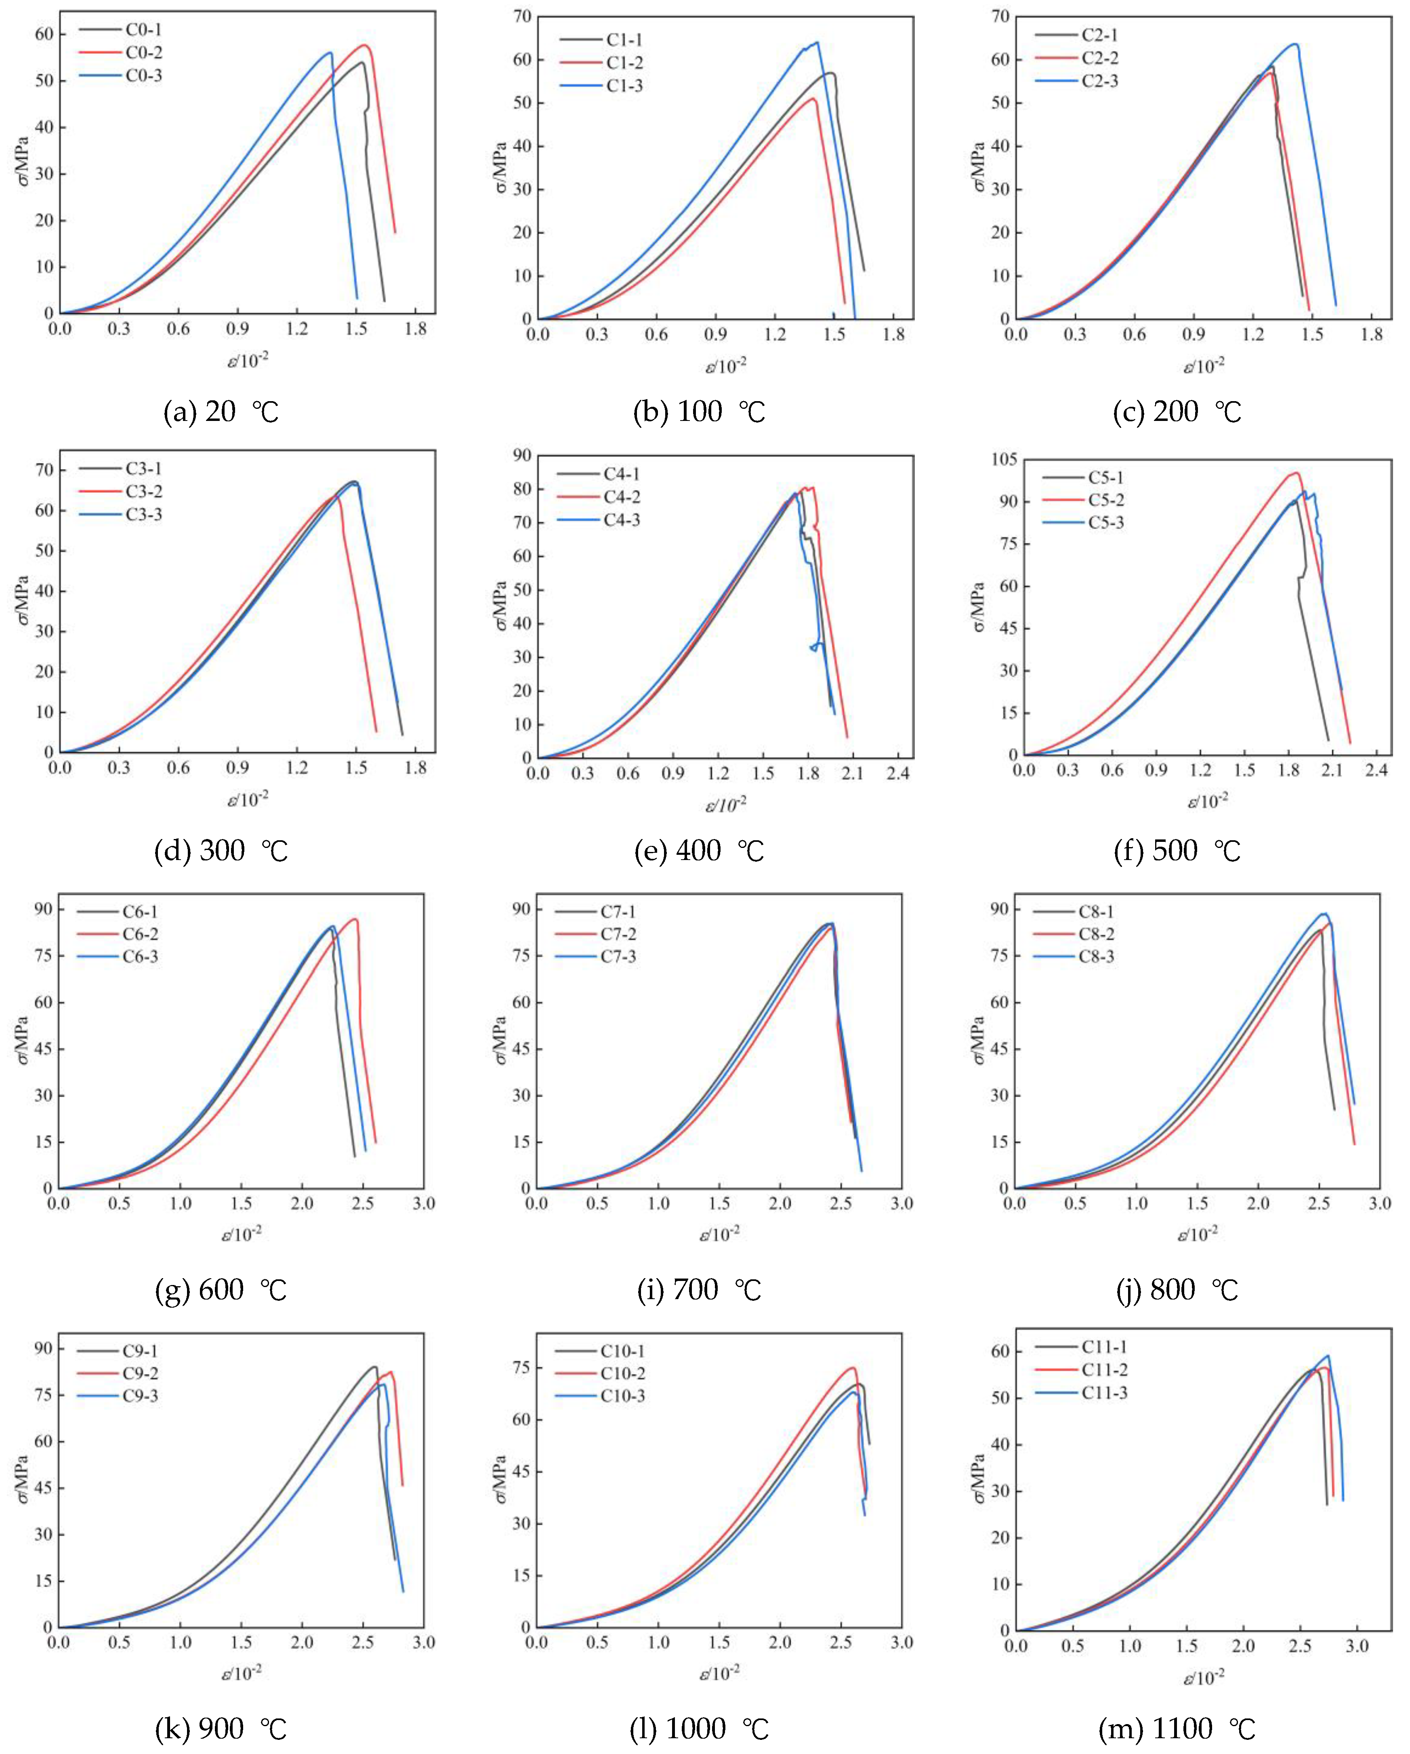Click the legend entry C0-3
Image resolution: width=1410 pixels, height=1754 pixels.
pyautogui.click(x=143, y=76)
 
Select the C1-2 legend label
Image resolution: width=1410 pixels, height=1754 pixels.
pyautogui.click(x=624, y=63)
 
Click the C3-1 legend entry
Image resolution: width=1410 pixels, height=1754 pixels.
pyautogui.click(x=143, y=469)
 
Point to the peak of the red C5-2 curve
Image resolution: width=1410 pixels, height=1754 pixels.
pyautogui.click(x=1296, y=473)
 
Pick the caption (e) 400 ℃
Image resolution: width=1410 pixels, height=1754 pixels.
pyautogui.click(x=699, y=851)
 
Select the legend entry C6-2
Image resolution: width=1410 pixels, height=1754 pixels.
pyautogui.click(x=140, y=934)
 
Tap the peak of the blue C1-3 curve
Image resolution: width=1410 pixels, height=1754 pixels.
pyautogui.click(x=817, y=42)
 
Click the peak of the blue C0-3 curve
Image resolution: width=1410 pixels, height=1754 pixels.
pyautogui.click(x=330, y=53)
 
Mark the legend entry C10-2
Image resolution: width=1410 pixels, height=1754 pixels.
pyautogui.click(x=622, y=1373)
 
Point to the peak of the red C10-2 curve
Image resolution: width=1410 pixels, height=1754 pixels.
pyautogui.click(x=853, y=1367)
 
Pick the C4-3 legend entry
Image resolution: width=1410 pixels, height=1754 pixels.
pyautogui.click(x=622, y=520)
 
